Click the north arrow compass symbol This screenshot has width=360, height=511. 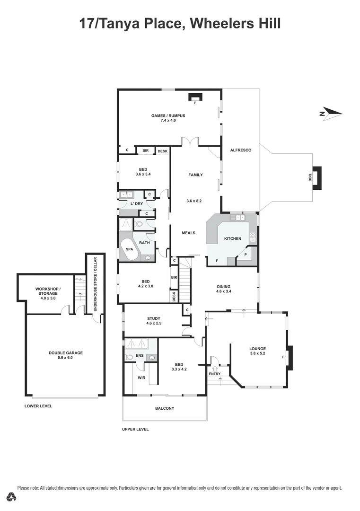(330, 113)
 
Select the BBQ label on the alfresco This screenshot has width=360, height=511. (310, 177)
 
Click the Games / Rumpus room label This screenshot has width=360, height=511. (168, 115)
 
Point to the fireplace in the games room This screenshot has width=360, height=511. (195, 97)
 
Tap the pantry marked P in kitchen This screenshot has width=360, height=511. (246, 255)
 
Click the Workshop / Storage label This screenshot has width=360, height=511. (48, 291)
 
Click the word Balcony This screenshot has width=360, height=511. (165, 408)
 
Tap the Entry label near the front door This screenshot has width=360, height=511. (214, 374)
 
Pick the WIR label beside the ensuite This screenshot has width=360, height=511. (141, 377)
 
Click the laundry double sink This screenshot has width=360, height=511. (126, 194)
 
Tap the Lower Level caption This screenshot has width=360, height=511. (38, 406)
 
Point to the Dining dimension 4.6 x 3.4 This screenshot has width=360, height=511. (223, 291)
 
